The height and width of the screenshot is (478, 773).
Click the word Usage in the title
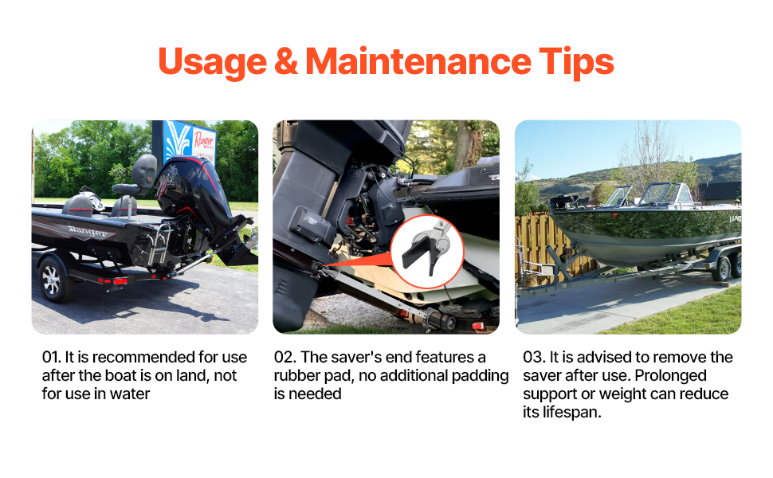213,63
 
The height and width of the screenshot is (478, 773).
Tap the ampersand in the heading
286,61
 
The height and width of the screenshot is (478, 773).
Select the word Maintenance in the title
418,61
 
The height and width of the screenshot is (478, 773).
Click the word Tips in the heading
576,63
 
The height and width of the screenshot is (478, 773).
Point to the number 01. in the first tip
51,357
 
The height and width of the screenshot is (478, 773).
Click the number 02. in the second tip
285,357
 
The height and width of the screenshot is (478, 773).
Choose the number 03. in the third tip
534,357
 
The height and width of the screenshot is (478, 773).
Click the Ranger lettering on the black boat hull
88,231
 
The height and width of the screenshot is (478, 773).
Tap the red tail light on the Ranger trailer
120,281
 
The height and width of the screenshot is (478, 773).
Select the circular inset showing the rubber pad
427,251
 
